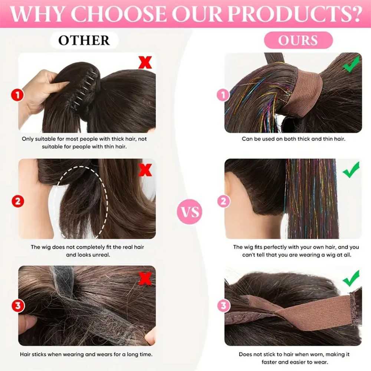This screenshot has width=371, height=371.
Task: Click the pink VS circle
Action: [x=190, y=211]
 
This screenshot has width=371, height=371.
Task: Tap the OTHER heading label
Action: [x=84, y=40]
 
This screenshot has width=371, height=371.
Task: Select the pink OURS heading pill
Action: [x=298, y=40]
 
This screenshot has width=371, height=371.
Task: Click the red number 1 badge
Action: [x=17, y=95]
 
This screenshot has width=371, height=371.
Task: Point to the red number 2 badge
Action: [x=18, y=201]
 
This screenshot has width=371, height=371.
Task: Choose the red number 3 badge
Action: [x=18, y=305]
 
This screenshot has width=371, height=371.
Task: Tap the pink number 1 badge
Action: [x=223, y=95]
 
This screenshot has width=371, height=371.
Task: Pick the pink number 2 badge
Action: [x=224, y=201]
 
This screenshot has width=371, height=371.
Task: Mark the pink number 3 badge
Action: [x=224, y=305]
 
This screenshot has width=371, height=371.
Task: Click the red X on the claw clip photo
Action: [x=145, y=62]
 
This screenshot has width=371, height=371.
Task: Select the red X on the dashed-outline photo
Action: [x=145, y=170]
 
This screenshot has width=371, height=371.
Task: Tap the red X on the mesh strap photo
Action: [x=145, y=278]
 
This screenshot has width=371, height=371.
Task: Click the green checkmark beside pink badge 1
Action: [x=351, y=63]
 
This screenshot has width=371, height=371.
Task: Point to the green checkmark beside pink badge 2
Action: [x=351, y=170]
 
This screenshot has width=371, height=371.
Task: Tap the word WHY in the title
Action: [x=37, y=14]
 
